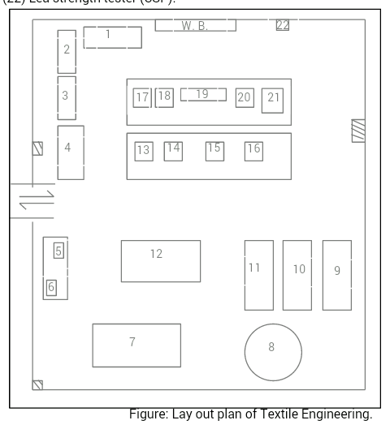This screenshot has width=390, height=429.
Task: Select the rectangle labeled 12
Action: [x=160, y=261]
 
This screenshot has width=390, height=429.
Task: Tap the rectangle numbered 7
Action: [x=136, y=345]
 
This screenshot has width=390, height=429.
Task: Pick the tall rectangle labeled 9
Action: [x=337, y=275]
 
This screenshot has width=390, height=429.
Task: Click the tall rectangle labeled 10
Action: [x=297, y=275]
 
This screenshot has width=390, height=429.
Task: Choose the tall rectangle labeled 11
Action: [x=258, y=275]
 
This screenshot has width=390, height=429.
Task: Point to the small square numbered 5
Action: [x=58, y=251]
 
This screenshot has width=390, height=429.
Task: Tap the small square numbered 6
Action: [x=51, y=286]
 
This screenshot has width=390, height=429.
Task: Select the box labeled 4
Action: [x=71, y=152]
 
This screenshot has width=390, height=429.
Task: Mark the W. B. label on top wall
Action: [x=195, y=26]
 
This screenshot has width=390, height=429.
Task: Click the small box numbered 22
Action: [x=283, y=25]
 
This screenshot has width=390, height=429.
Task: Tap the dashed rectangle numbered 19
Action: [x=202, y=95]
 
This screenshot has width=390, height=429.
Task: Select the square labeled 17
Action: [x=142, y=98]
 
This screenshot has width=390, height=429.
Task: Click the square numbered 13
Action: [x=143, y=150]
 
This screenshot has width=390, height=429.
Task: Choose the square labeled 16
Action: [x=253, y=150]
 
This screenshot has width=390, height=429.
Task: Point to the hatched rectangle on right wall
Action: [x=357, y=131]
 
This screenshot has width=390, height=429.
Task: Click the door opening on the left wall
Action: [x=32, y=201]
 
